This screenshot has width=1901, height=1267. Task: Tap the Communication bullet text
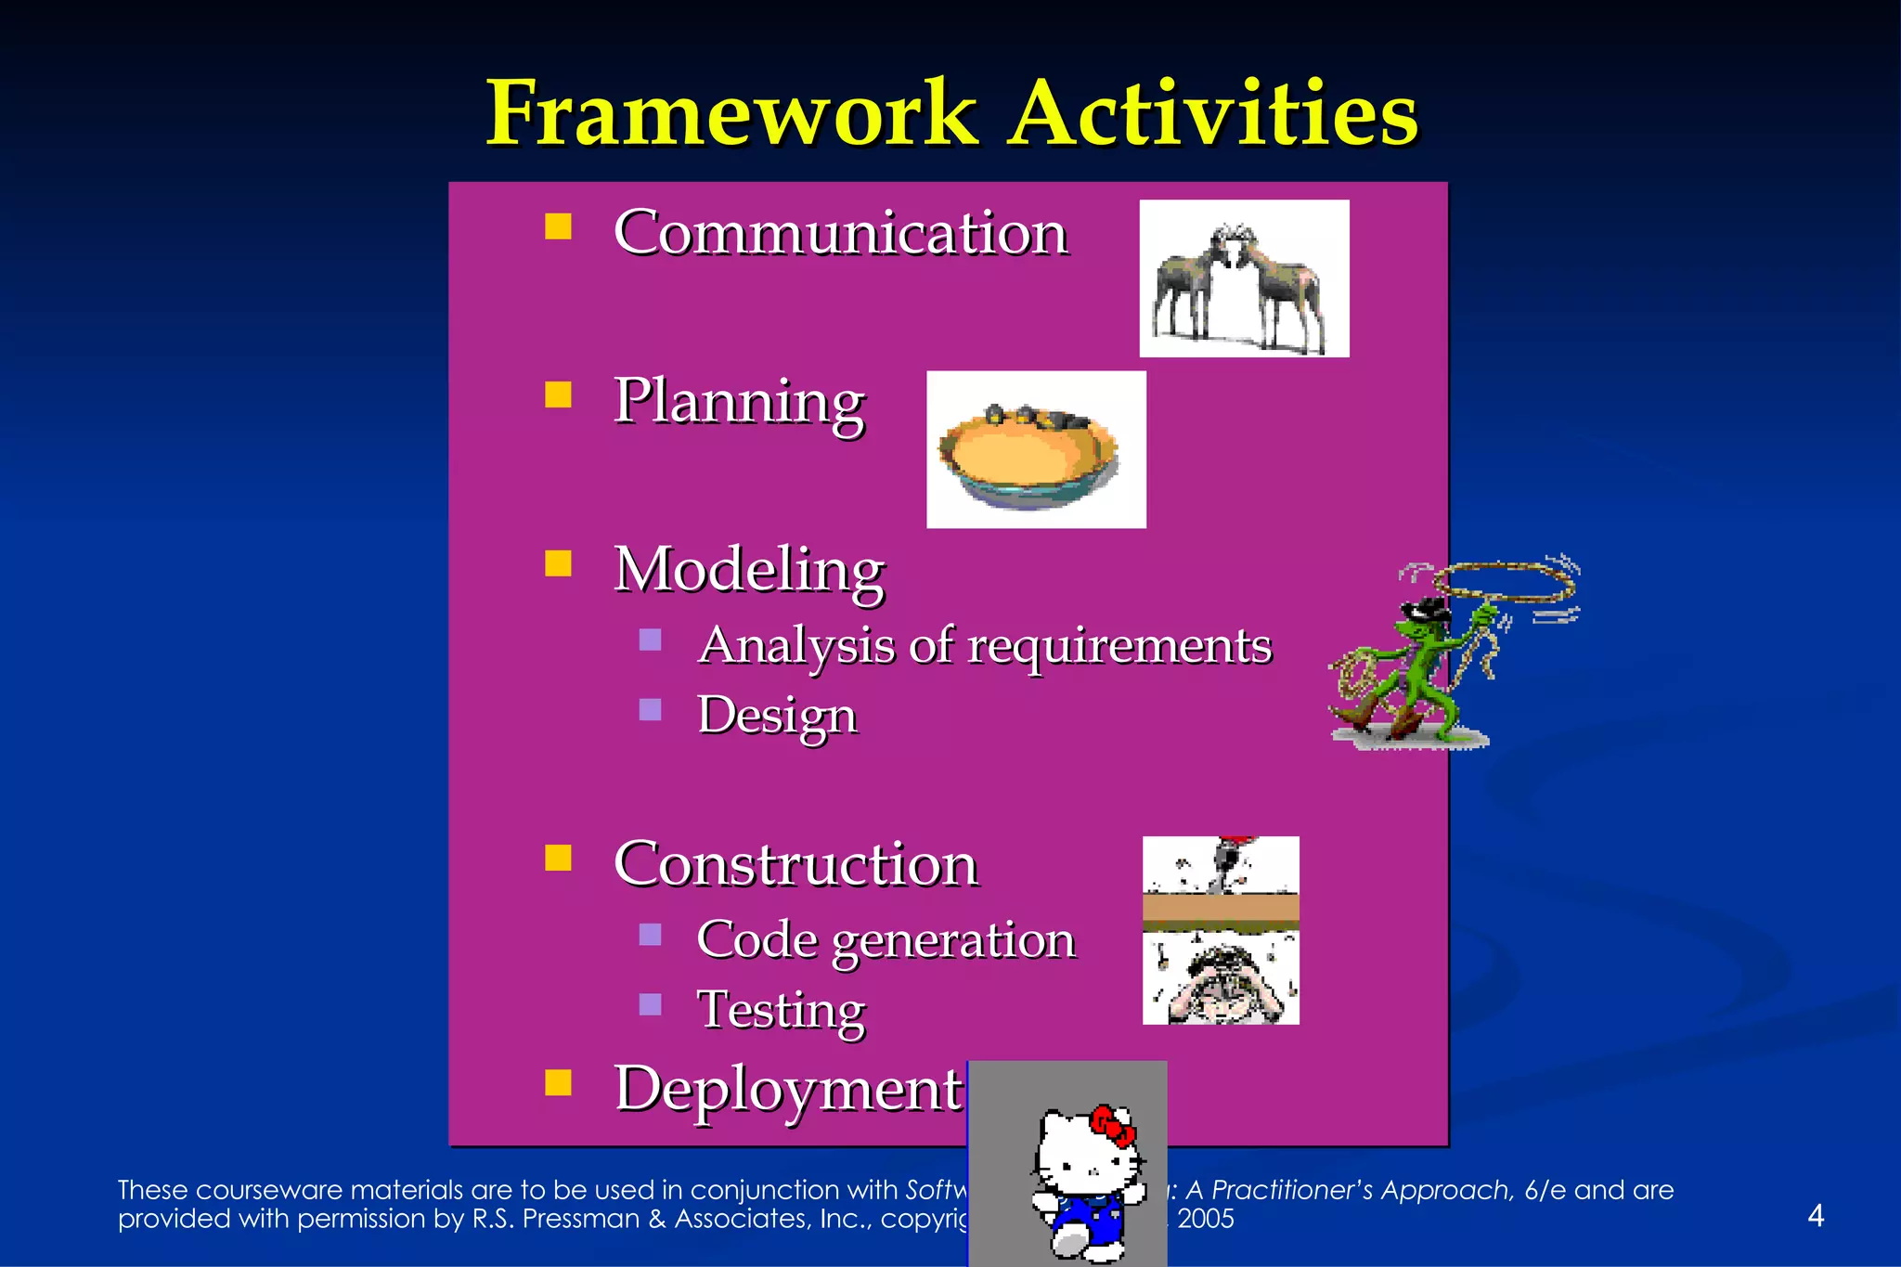coord(841,232)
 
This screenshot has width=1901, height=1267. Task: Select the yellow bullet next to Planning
coord(558,395)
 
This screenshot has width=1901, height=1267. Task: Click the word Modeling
coord(749,569)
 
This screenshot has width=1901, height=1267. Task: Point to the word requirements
coord(1119,646)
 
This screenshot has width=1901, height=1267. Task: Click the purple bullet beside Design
coord(651,710)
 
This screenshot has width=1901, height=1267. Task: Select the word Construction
coord(795,864)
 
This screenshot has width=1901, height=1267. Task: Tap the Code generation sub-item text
coord(886,940)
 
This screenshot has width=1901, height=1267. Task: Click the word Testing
coord(782,1010)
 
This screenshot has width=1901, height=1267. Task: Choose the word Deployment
coord(788,1089)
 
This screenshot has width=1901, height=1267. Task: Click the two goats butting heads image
coord(1243,278)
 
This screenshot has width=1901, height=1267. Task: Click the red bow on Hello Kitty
coord(1112,1126)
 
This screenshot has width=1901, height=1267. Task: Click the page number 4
coord(1816,1215)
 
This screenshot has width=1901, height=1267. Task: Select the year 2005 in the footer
coord(1206,1219)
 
